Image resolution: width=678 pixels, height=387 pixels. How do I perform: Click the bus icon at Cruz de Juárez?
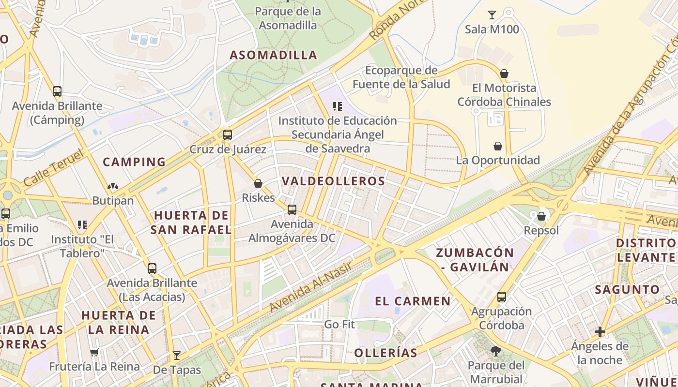point(227,135)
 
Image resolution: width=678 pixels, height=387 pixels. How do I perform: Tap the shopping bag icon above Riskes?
point(258,183)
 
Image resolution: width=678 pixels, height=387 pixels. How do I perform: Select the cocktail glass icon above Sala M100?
point(492,15)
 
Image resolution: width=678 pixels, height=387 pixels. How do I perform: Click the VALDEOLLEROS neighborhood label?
point(333,181)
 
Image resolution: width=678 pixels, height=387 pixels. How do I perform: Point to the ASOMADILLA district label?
point(273,55)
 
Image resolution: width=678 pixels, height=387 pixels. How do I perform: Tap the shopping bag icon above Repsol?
point(541,216)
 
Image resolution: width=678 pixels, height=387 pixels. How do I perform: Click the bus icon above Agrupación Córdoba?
point(502,297)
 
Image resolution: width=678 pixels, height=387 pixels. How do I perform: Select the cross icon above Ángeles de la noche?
point(600,332)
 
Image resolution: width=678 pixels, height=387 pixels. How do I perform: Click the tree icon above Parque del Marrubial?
point(495,351)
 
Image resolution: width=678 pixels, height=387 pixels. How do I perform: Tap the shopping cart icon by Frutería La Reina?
point(94,353)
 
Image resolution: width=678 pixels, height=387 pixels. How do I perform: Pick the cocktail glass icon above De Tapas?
point(177,356)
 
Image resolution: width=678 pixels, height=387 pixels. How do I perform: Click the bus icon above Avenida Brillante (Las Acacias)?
point(152,268)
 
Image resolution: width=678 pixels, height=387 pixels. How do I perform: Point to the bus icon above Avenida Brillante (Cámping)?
point(57,91)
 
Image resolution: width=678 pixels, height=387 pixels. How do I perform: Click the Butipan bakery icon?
point(113,186)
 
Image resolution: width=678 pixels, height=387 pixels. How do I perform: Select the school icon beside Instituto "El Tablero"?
point(82,225)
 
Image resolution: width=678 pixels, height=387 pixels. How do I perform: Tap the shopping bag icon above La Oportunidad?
point(497,146)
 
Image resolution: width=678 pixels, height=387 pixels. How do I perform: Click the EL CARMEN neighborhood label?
point(413,301)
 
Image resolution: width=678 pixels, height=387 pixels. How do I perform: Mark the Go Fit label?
point(339,324)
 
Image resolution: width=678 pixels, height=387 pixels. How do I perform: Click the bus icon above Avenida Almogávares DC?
point(292,209)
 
